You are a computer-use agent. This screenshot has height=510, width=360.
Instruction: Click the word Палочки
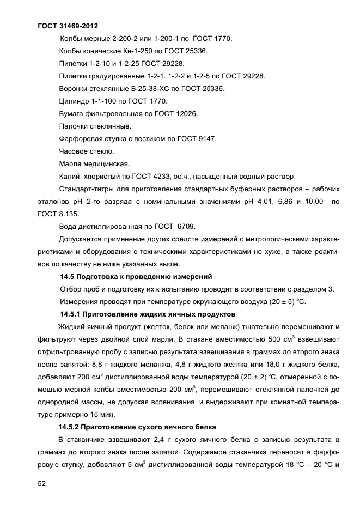(75, 126)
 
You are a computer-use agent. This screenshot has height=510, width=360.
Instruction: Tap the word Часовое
(74, 151)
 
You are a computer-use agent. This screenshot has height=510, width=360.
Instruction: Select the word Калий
(69, 177)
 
